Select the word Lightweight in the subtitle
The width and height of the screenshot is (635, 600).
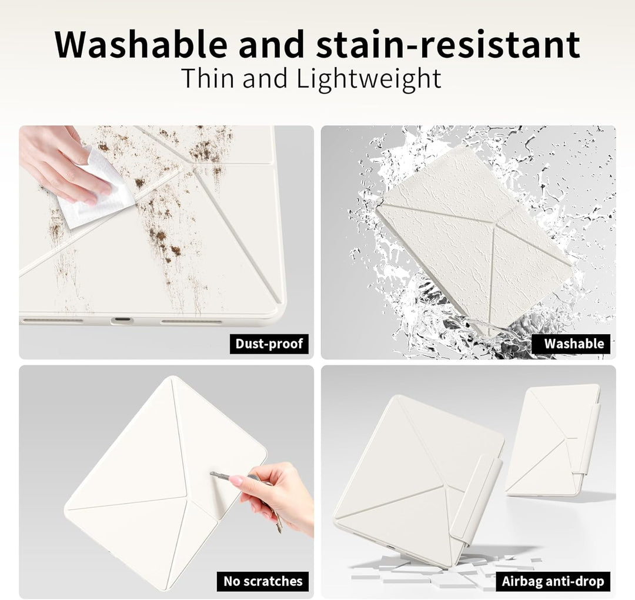(369, 79)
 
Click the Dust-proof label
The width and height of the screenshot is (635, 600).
(269, 344)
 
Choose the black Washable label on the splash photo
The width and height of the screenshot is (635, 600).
(574, 344)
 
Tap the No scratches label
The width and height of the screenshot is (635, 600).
(263, 581)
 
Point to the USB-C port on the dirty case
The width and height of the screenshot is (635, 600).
(122, 321)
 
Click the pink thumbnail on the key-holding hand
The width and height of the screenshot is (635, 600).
(236, 481)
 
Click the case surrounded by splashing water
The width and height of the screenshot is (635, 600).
(474, 235)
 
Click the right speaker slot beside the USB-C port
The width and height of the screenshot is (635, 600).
(192, 322)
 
